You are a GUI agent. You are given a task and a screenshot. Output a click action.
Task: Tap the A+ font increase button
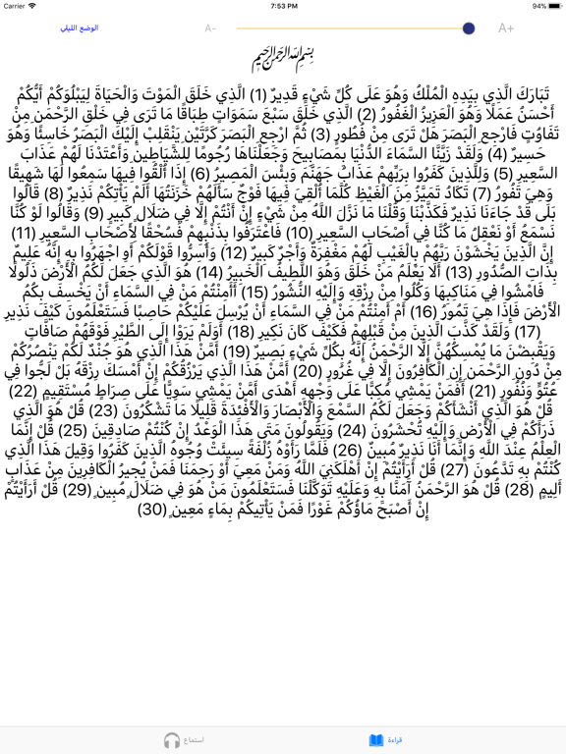click(505, 28)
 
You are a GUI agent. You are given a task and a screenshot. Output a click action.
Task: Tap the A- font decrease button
click(210, 28)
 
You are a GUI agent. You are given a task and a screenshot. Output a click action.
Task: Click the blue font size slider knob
click(468, 28)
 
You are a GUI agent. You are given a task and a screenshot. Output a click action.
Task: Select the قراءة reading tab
click(394, 740)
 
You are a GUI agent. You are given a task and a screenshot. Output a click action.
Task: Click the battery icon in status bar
click(552, 6)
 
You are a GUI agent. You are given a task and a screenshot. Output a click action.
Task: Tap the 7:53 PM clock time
click(283, 6)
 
